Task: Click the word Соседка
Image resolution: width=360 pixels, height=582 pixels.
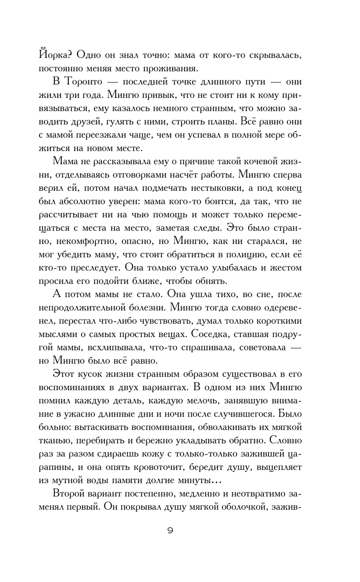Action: pyautogui.click(x=210, y=334)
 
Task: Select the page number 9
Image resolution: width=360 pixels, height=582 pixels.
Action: pyautogui.click(x=170, y=530)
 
